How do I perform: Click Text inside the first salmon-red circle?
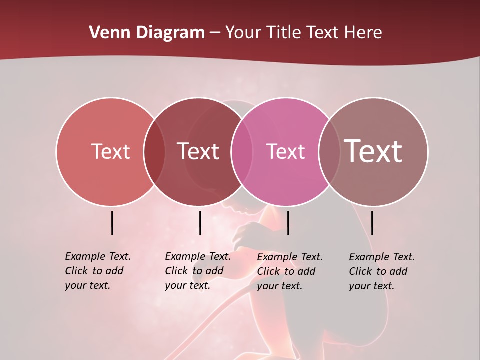[110, 151]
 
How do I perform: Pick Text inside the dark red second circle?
[198, 151]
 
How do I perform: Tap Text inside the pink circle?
[285, 151]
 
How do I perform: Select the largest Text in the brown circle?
[373, 151]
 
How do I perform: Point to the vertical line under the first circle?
[112, 223]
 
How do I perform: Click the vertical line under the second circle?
[200, 223]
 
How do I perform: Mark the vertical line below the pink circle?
[288, 223]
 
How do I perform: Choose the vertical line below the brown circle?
[372, 223]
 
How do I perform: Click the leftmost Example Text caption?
[98, 271]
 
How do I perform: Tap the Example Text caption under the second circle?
[198, 271]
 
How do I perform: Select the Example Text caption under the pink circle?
[290, 271]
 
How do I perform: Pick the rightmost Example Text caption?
[382, 271]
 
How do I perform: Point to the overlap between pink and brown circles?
[329, 151]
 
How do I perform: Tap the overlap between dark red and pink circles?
[242, 151]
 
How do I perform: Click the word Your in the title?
[243, 33]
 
